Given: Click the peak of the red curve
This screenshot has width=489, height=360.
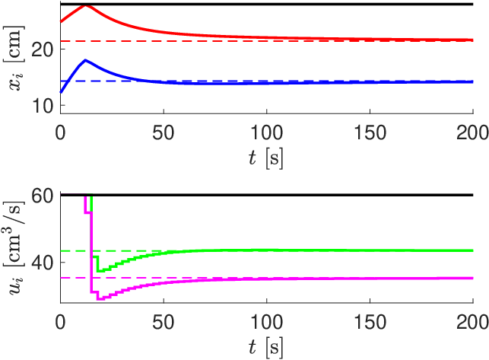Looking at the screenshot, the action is [86, 5].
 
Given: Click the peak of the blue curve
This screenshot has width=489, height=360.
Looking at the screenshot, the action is [85, 60].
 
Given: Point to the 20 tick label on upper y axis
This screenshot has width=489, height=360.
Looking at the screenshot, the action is [43, 50].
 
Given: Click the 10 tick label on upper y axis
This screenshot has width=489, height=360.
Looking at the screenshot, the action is [43, 107].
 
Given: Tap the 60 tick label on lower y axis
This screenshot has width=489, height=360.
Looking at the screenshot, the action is [43, 196].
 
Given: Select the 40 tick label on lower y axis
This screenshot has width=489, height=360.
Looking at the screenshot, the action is [43, 263].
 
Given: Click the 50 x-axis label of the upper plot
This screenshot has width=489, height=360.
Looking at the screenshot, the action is [164, 132].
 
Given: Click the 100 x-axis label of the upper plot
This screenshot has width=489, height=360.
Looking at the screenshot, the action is [267, 132].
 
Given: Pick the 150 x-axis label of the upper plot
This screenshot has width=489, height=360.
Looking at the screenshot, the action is [370, 132].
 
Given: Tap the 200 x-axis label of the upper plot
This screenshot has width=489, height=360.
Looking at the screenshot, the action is [472, 132].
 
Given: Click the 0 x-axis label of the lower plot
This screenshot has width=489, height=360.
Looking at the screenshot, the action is [61, 322].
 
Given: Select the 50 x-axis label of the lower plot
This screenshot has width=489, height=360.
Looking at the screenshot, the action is [164, 322].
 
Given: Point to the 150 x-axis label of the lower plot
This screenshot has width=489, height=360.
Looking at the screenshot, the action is [370, 322].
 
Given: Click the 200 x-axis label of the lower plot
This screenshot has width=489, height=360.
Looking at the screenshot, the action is [472, 322].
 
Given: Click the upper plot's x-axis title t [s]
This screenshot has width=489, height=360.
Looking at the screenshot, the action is [266, 158].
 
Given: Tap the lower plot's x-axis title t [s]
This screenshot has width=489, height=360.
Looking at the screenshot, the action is [266, 348].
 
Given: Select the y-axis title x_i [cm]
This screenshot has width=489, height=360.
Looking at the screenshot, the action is [14, 59].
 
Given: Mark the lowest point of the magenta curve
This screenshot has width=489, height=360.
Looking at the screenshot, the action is [100, 299].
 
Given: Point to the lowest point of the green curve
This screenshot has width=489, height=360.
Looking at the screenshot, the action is [100, 271].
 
